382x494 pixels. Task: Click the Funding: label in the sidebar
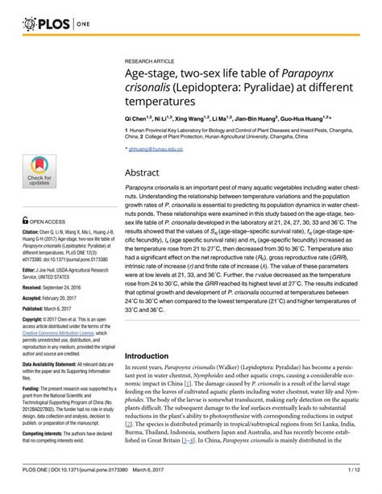pos(32,414)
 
